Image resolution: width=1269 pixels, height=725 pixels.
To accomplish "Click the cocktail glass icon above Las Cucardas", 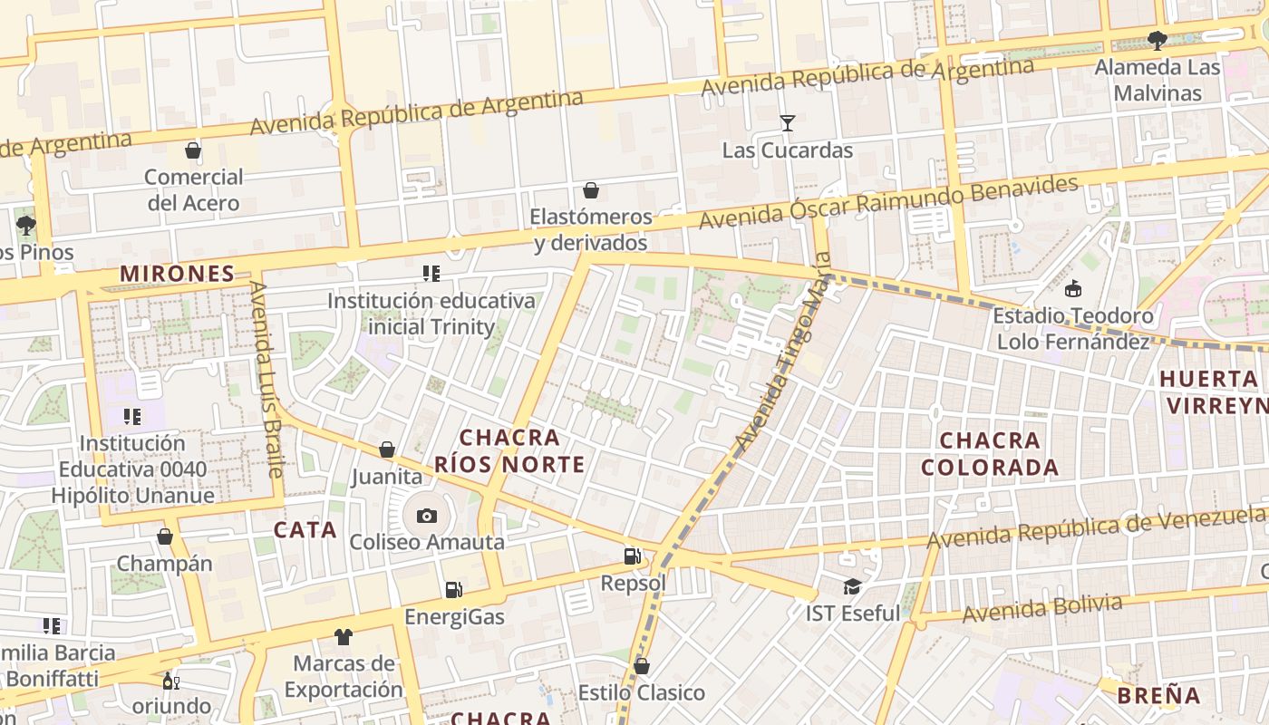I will (787, 123).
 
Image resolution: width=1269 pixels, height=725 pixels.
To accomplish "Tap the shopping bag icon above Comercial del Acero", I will (192, 150).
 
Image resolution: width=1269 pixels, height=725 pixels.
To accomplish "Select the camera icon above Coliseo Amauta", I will (427, 517).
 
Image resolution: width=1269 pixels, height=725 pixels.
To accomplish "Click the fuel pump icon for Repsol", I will (632, 556).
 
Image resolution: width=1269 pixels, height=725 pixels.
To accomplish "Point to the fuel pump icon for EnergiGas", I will (453, 591).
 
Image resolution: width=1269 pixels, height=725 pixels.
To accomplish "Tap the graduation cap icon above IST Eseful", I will (851, 587).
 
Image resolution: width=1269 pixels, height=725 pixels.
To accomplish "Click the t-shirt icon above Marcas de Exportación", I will (343, 637).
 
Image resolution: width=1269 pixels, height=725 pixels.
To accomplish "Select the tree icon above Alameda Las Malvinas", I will (1157, 41).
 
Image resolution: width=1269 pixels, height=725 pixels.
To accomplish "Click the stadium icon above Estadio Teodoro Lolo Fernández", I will (1073, 289).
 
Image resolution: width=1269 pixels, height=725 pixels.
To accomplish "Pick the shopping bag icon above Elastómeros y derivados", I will (591, 190).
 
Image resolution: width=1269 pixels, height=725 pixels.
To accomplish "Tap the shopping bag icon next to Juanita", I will (387, 450).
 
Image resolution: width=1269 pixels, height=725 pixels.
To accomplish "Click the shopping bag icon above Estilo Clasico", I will (642, 667).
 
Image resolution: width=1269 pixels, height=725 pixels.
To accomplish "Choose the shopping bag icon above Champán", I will (165, 537).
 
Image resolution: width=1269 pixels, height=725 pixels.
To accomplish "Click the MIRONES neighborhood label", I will (178, 274).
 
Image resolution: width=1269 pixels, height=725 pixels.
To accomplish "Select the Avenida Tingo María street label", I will (778, 367).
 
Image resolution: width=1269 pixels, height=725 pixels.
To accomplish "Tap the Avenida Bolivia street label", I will (1042, 608).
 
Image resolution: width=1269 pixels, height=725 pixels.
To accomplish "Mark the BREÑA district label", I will (1158, 696).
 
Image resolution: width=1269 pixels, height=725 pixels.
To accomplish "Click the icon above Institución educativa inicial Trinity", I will (431, 274).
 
